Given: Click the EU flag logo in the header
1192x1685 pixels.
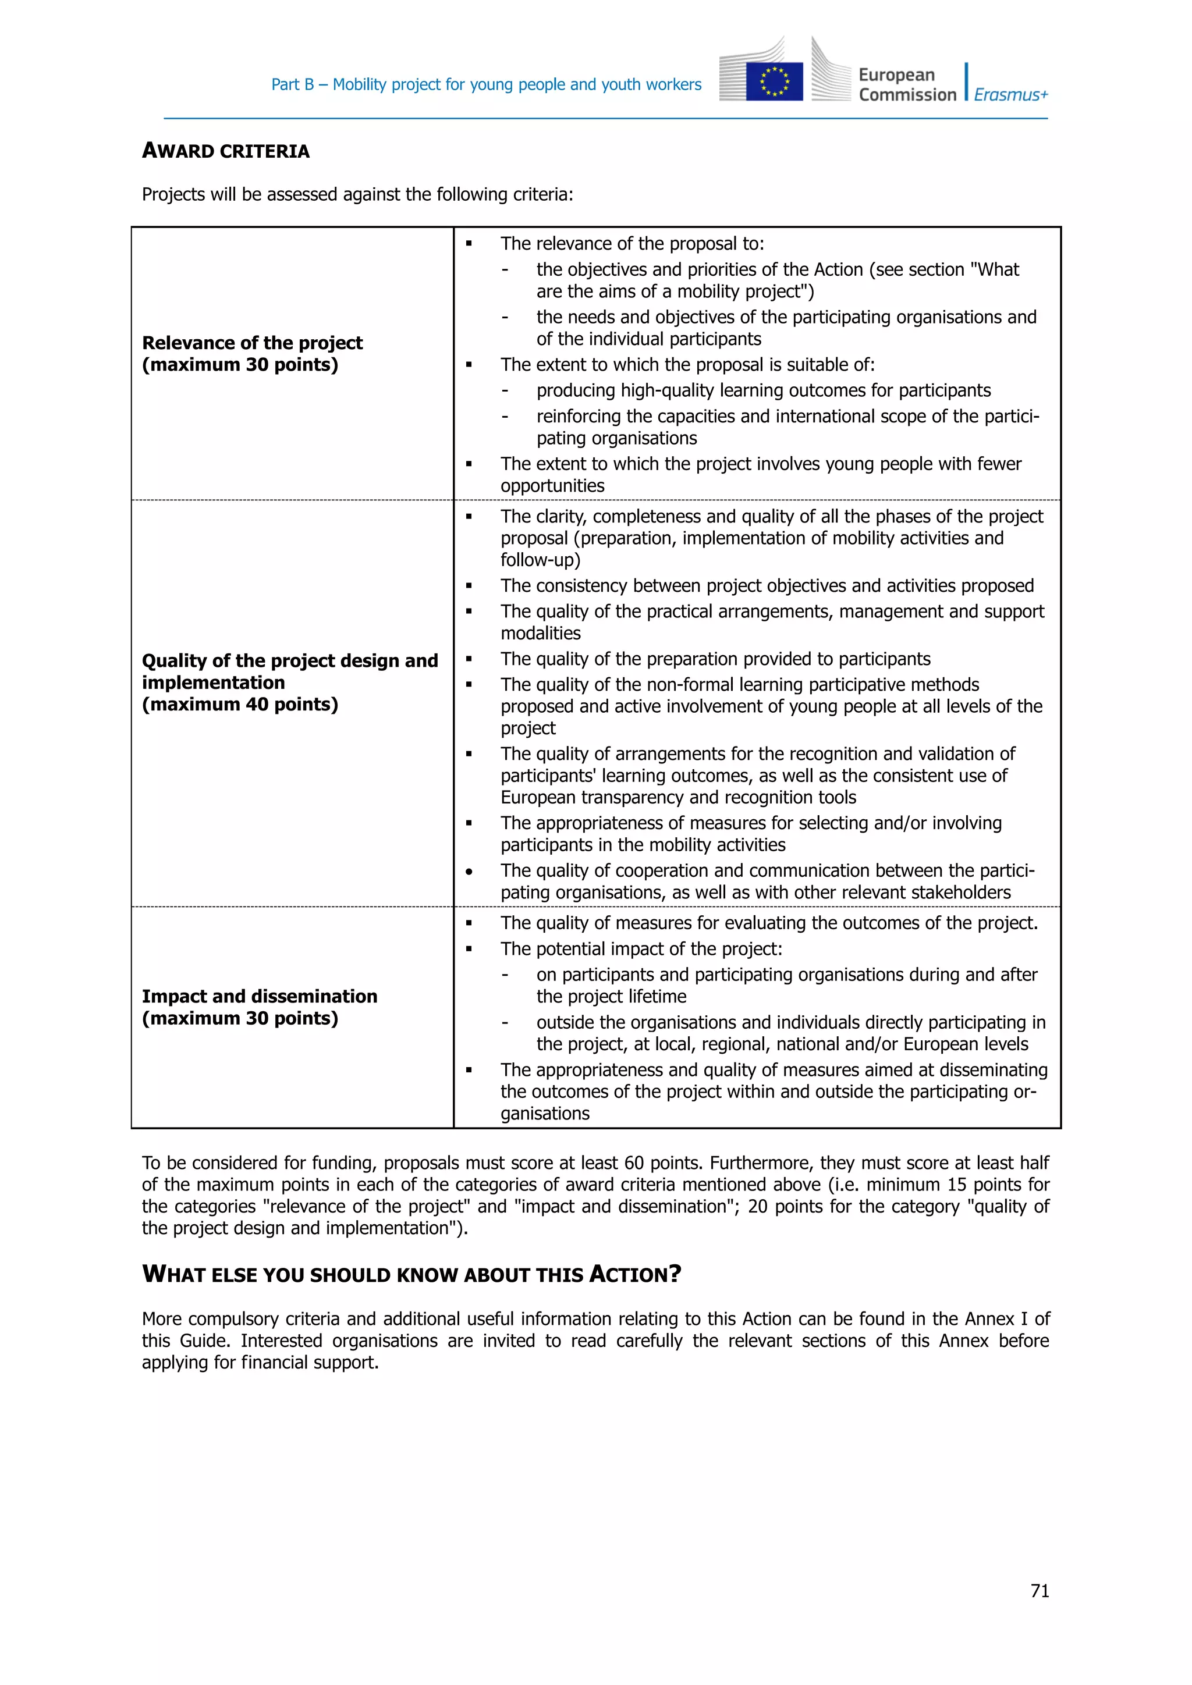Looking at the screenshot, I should tap(774, 81).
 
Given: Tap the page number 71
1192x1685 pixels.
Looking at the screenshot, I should tap(1040, 1590).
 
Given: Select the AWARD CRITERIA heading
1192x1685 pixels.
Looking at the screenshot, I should tap(225, 151).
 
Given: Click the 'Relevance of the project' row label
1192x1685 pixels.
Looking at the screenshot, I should tap(252, 343).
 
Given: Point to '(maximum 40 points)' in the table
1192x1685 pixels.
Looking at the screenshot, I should tap(240, 705).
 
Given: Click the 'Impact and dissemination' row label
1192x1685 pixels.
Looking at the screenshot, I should tap(259, 996).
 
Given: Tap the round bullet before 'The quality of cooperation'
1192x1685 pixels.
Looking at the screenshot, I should tap(469, 872).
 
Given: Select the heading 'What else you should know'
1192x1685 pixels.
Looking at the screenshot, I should tap(411, 1274).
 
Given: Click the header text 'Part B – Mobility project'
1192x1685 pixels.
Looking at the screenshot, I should tap(486, 84).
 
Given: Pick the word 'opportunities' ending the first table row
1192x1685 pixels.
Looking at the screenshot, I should tap(552, 486).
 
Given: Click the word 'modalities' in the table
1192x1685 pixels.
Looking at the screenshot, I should tap(540, 634).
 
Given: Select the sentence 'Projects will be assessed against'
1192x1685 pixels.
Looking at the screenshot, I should tap(357, 194).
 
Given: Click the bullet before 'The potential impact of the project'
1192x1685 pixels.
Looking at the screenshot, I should tap(469, 950).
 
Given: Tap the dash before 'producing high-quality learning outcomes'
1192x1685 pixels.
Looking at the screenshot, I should tap(505, 391).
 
